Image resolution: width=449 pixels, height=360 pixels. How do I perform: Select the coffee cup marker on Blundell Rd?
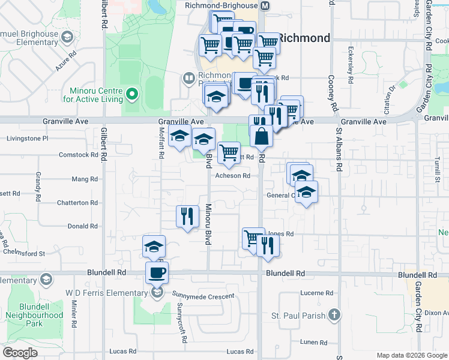(157, 273)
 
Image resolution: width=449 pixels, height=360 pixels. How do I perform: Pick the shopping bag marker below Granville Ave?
(261, 136)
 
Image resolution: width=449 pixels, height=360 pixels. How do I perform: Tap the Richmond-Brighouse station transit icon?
(265, 5)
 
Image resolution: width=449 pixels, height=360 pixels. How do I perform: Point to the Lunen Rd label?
(315, 343)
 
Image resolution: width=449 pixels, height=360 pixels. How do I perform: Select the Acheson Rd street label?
(233, 176)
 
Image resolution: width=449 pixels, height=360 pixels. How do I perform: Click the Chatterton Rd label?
(77, 203)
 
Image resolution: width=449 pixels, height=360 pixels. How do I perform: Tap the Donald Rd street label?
(82, 226)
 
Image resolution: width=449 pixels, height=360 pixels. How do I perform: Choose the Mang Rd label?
(85, 179)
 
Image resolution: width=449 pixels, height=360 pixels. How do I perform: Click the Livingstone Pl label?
(27, 138)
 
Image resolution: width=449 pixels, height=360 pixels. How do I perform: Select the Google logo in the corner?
(20, 352)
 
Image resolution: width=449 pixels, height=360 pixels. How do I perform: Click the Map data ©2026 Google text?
(412, 355)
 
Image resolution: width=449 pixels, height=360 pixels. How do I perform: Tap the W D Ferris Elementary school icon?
(157, 293)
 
